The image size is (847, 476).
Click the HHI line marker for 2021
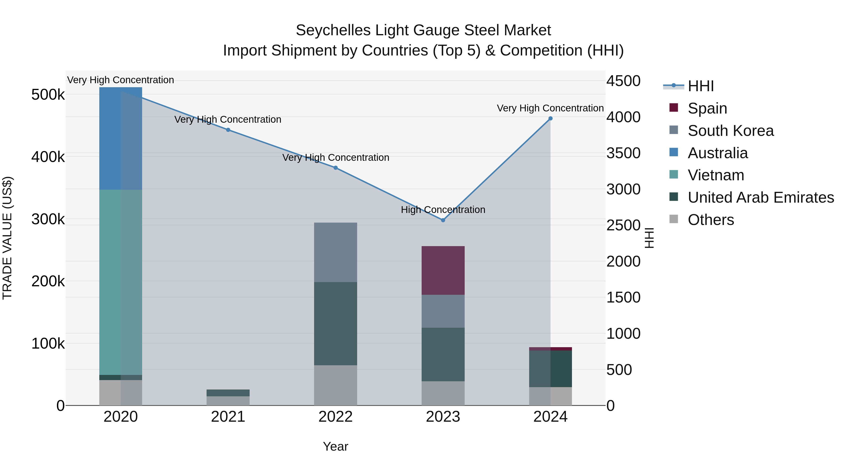[x=228, y=130]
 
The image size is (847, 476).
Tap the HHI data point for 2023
[x=443, y=220]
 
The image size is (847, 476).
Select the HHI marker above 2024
[x=550, y=119]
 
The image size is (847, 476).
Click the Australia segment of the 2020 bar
[x=121, y=138]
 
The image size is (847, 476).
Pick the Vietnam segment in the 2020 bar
[x=121, y=283]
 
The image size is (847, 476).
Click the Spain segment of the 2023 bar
[x=443, y=270]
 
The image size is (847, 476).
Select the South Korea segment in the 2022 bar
[x=335, y=252]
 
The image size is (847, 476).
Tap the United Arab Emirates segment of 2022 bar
[x=335, y=324]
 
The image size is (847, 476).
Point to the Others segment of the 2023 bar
[x=443, y=393]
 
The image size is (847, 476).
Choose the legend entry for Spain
[x=707, y=108]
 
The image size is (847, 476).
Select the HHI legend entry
[x=700, y=86]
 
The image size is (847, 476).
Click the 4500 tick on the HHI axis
[x=623, y=81]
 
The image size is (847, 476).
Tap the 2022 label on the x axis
[x=335, y=417]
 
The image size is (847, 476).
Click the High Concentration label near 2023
[x=443, y=210]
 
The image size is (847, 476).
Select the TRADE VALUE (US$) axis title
[x=7, y=238]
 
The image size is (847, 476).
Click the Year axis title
[x=335, y=446]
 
